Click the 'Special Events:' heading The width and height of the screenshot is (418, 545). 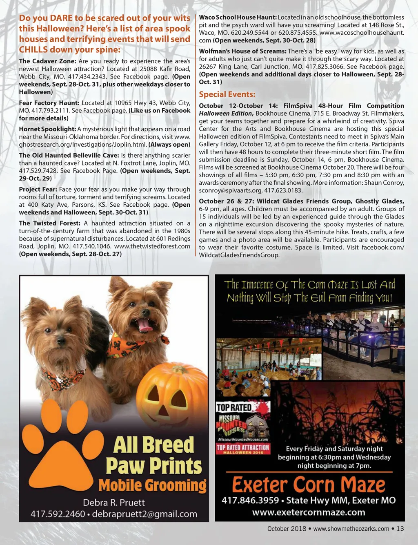click(x=227, y=94)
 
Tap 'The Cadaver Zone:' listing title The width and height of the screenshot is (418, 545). click(x=47, y=61)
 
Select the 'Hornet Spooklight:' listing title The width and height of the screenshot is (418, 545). click(x=47, y=129)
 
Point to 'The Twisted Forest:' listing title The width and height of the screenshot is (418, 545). click(x=49, y=223)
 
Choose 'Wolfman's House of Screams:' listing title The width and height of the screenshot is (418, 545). click(x=242, y=51)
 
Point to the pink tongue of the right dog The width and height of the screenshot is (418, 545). click(x=144, y=325)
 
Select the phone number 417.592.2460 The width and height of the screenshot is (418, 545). click(x=58, y=514)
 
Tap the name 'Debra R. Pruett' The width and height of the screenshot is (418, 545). click(x=114, y=503)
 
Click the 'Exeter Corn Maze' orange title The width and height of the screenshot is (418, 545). click(x=309, y=485)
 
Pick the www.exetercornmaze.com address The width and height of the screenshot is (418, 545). click(x=309, y=512)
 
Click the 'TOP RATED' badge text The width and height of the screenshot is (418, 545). click(x=234, y=407)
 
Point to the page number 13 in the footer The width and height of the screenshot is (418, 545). click(x=400, y=529)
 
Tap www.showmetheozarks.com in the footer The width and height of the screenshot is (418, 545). click(x=351, y=529)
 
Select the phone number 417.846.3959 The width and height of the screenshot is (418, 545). click(x=250, y=500)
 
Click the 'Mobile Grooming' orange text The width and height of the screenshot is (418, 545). click(x=152, y=486)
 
